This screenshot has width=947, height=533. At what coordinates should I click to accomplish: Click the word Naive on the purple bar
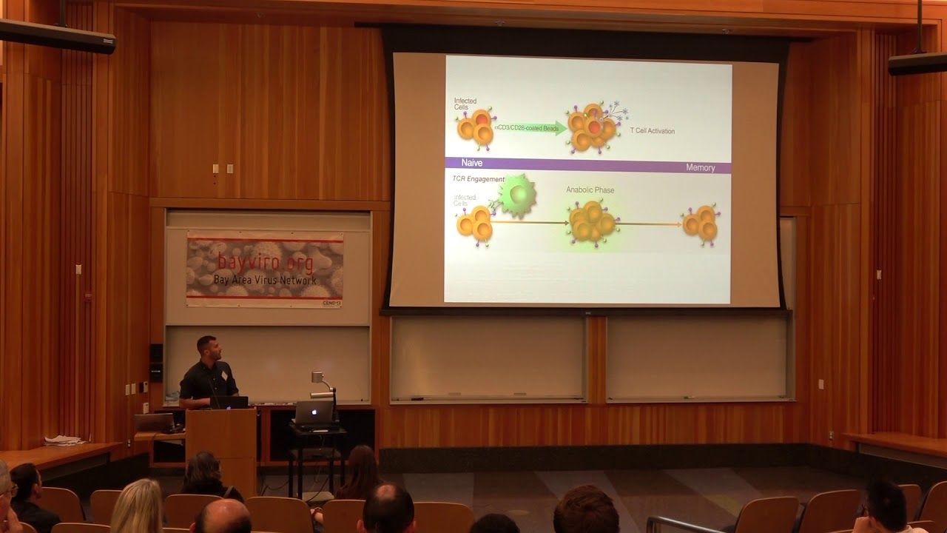click(x=472, y=163)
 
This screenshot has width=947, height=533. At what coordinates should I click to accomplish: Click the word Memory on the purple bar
click(x=700, y=168)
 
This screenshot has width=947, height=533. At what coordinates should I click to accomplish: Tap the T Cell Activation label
click(x=652, y=131)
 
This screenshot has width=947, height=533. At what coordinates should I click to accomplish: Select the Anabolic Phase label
click(x=590, y=190)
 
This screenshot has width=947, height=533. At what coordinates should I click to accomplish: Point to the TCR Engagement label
click(x=478, y=179)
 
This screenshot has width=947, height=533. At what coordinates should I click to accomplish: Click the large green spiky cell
click(x=517, y=196)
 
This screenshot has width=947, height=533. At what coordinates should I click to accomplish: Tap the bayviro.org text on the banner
click(x=265, y=261)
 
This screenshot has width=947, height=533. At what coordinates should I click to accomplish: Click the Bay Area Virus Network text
click(x=264, y=280)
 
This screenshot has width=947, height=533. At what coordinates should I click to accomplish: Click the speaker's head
click(x=207, y=346)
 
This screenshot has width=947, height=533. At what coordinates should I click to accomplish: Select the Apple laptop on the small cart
click(x=314, y=413)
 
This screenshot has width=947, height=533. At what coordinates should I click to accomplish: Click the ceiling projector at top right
click(x=917, y=62)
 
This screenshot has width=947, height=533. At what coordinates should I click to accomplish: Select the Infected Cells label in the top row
click(x=465, y=104)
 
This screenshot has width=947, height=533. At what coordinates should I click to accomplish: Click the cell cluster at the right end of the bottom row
click(x=701, y=224)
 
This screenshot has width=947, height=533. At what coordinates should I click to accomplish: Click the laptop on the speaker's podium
click(x=229, y=402)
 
